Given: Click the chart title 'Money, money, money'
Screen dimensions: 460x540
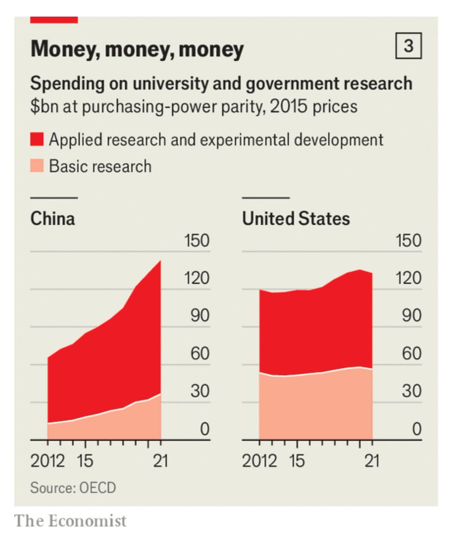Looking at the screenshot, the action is coord(137,49).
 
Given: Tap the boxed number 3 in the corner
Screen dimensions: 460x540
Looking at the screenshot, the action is coord(409,46).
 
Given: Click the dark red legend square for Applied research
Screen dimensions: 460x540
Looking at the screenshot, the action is coord(37,139).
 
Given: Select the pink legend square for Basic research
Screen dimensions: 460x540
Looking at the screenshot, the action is coord(37,166).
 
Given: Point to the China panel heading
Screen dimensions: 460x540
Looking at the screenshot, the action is coord(53,218).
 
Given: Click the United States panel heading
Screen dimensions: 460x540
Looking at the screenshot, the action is coord(296,218).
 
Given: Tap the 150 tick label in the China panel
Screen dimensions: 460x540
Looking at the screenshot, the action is coord(197,240).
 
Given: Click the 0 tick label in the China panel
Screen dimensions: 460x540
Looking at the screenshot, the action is coord(205,429).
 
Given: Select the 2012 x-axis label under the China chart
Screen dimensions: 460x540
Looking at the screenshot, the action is coord(48,461).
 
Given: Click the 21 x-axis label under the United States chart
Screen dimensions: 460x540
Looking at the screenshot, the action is coord(372,461).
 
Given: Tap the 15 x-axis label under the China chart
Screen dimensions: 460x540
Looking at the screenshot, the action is coord(85,461).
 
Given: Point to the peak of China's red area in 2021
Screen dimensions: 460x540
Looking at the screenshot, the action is coord(161,261).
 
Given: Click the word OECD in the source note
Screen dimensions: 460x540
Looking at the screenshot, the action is coord(98,488).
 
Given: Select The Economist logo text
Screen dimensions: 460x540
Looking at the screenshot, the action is coord(70,521).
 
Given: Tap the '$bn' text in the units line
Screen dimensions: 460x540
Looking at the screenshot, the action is coord(44,107).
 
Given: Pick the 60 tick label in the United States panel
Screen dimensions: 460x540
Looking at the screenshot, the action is coord(412,353).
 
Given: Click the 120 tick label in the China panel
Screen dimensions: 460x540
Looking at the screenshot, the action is coord(197,278).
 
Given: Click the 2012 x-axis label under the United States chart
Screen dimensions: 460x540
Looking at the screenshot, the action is coord(259,461).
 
